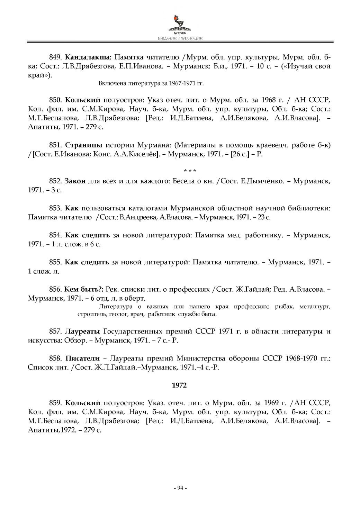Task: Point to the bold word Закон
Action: [75, 181]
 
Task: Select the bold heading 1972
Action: [179, 385]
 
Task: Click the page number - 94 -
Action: [180, 488]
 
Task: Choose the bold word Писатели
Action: [82, 358]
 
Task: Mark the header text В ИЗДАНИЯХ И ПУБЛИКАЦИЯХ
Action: [180, 39]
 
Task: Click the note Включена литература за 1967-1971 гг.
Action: [151, 83]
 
